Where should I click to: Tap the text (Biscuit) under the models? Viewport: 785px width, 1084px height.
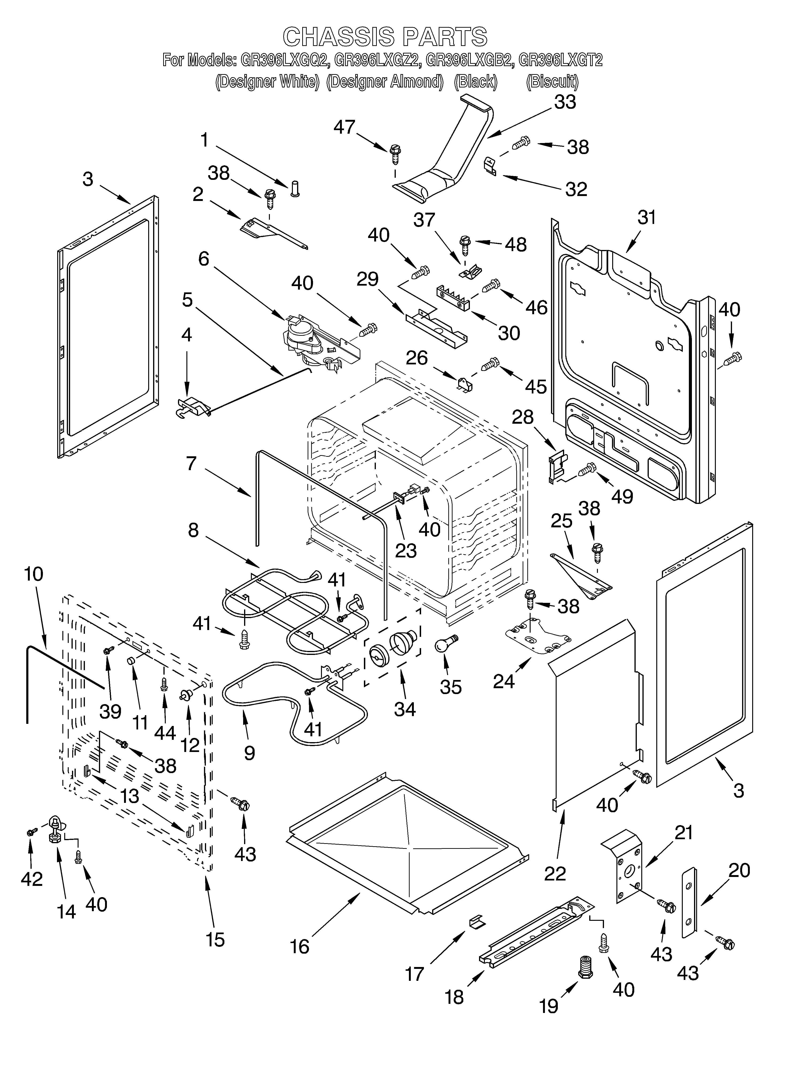tap(552, 82)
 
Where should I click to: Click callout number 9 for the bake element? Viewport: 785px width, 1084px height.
tap(249, 753)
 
